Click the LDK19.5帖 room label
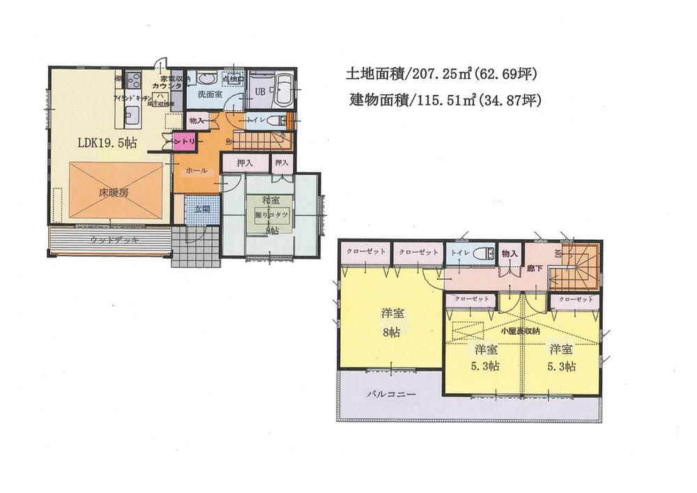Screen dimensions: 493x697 coord(106,142)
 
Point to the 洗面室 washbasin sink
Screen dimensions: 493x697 coord(205,78)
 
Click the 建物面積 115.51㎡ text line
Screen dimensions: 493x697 coord(445,100)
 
